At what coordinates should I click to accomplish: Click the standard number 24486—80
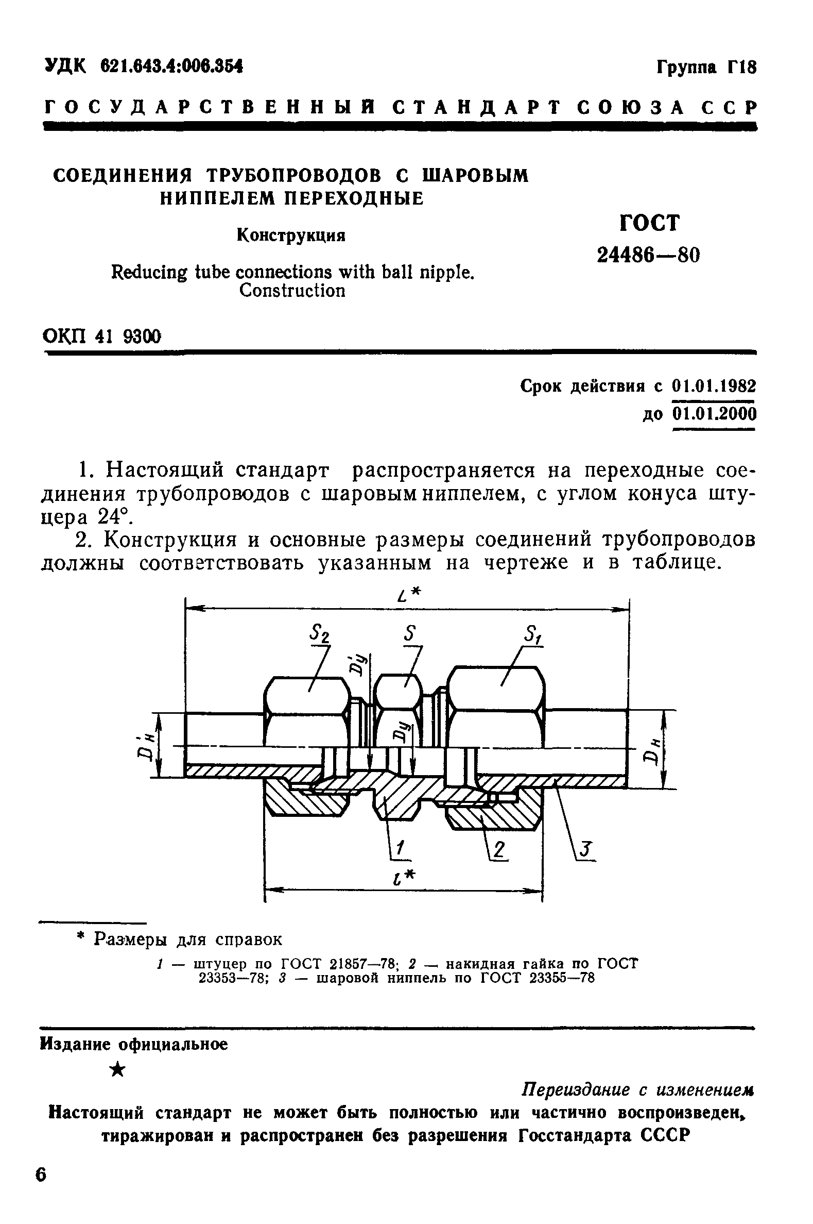click(648, 255)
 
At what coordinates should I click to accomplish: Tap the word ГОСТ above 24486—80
click(649, 223)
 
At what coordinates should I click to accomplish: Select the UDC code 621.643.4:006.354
click(171, 66)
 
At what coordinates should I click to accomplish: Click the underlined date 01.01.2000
click(714, 414)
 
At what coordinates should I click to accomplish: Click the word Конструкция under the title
click(291, 236)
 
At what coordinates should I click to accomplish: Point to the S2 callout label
click(320, 633)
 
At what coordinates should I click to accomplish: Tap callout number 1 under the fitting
click(400, 848)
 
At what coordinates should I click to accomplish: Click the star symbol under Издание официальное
click(118, 1069)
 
